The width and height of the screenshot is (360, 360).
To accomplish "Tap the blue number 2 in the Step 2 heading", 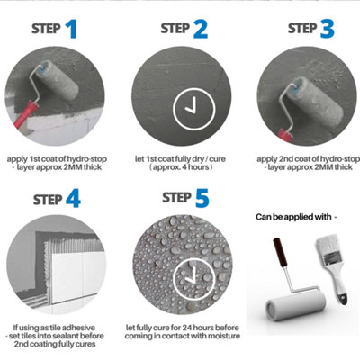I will point(200,31).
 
